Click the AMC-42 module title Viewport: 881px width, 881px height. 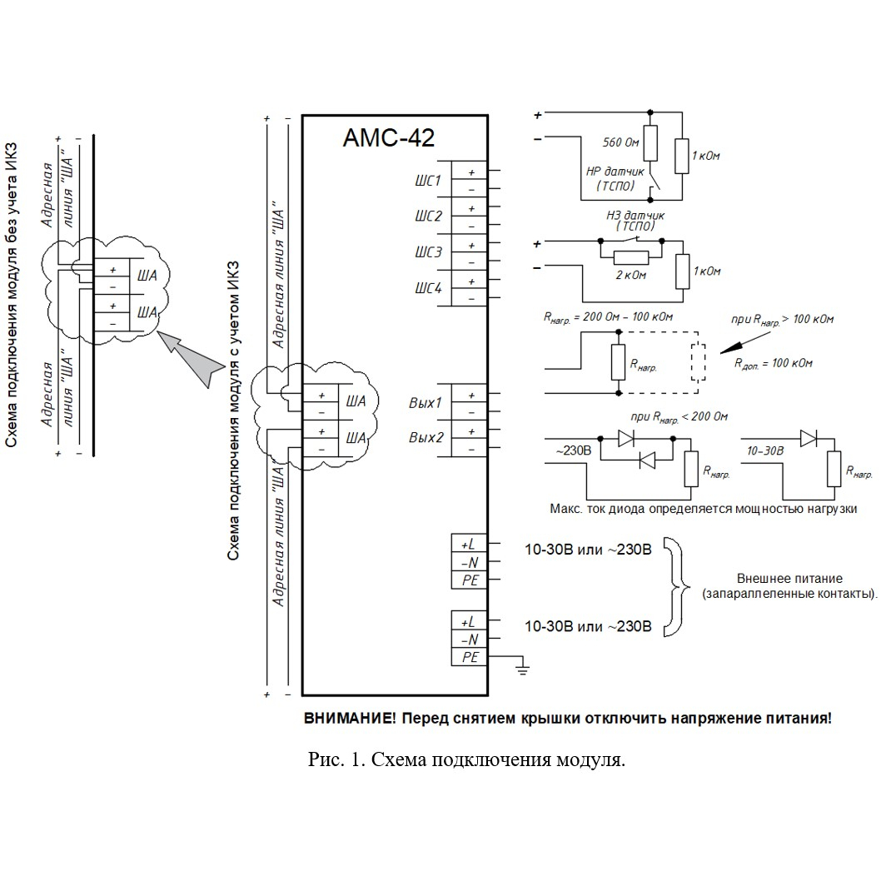coord(389,137)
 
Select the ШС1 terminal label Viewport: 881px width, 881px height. coord(428,181)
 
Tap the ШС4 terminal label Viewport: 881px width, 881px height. coord(429,288)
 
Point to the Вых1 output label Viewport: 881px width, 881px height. coord(426,403)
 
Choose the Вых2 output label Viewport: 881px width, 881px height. coord(426,437)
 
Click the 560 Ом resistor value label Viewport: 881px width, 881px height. coord(621,142)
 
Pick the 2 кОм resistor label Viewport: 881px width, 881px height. coord(631,276)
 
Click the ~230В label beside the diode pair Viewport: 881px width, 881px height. coord(573,450)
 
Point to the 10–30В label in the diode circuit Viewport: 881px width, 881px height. coord(765,450)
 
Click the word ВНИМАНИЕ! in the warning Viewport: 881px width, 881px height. coord(350,718)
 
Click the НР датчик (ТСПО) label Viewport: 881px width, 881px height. coord(615,179)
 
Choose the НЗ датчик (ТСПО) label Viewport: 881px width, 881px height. coord(635,220)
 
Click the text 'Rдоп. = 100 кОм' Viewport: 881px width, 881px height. coord(773,364)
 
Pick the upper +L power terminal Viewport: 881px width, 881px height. coord(469,544)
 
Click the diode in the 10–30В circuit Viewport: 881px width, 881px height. coord(808,438)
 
